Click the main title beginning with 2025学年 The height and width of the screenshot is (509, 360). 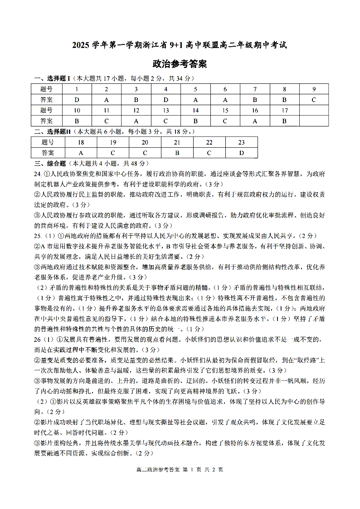(180, 45)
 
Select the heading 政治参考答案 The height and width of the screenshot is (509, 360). (180, 64)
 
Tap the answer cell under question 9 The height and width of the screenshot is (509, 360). (314, 100)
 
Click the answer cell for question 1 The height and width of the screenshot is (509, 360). (77, 100)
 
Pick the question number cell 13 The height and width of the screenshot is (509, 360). (166, 110)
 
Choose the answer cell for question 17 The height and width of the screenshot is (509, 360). (284, 121)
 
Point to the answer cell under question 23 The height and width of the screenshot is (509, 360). (242, 153)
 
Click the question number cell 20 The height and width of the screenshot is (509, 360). (145, 142)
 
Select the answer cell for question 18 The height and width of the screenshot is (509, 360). (81, 153)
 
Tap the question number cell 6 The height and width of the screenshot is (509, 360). (225, 89)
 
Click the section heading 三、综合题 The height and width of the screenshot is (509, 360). (50, 163)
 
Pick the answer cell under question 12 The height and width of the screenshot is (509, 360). (136, 121)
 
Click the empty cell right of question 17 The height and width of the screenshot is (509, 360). (314, 110)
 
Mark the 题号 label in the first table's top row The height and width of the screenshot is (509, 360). (46, 89)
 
